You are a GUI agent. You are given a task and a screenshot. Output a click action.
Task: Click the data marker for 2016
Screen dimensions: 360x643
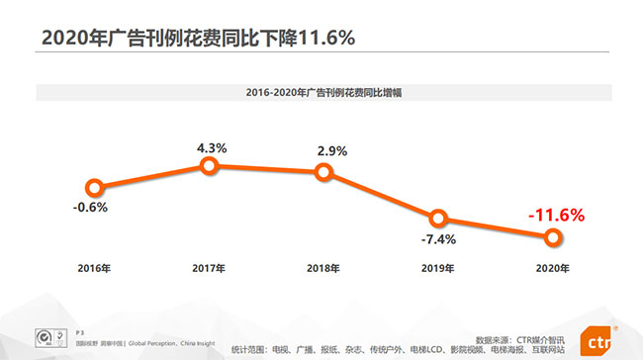click(x=94, y=186)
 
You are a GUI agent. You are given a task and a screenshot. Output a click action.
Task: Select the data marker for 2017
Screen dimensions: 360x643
click(x=209, y=166)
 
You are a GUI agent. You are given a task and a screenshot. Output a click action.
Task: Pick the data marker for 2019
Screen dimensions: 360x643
click(x=439, y=219)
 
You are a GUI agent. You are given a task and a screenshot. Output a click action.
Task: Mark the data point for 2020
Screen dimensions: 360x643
click(x=553, y=236)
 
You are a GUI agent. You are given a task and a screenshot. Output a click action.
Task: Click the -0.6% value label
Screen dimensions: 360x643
click(x=90, y=208)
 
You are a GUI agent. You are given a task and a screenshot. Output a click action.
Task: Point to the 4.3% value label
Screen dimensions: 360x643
click(x=212, y=147)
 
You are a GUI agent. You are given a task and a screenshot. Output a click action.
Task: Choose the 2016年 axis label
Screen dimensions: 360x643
click(x=95, y=269)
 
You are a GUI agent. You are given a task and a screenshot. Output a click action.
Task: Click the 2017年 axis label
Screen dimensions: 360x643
click(x=209, y=269)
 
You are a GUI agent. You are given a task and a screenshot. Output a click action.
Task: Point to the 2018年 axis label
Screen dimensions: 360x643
click(x=323, y=269)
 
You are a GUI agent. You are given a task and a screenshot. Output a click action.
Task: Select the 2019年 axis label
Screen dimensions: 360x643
click(x=438, y=269)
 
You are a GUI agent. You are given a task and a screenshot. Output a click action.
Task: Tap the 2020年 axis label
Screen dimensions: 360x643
click(x=553, y=269)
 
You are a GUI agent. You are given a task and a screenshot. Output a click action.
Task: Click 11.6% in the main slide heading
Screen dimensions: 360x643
click(x=315, y=38)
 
